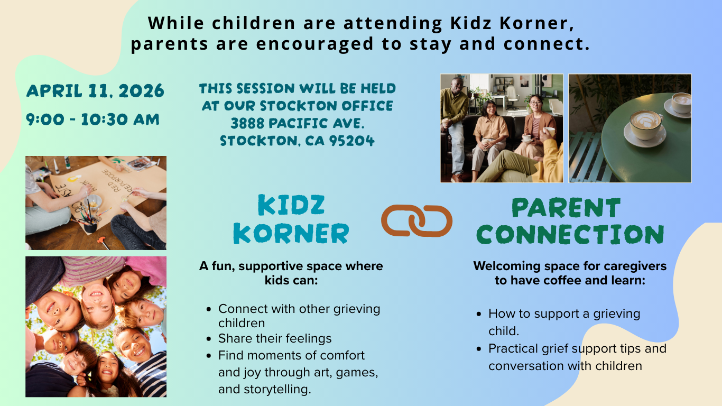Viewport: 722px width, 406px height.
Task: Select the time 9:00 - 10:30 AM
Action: pos(93,119)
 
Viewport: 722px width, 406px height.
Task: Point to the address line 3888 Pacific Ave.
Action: pos(297,123)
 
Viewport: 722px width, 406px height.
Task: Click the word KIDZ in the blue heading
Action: pos(291,205)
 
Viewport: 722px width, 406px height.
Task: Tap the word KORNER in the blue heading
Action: pos(291,233)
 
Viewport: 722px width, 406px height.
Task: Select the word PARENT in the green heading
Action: pos(566,208)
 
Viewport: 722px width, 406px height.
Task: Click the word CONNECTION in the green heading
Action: pos(570,234)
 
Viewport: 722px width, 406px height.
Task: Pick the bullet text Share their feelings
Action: pos(275,338)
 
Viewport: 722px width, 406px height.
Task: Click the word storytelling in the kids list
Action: pos(276,389)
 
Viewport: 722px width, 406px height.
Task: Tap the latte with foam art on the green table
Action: pos(645,124)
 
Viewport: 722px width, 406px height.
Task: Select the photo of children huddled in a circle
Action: pos(96,327)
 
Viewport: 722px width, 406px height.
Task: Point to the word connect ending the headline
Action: pos(547,44)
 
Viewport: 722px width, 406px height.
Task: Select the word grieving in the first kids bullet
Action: pos(357,309)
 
